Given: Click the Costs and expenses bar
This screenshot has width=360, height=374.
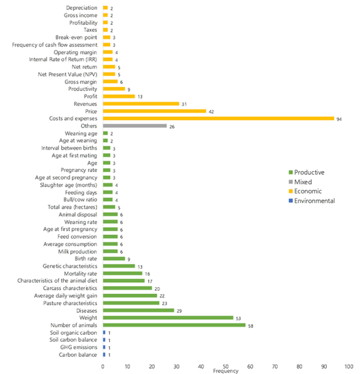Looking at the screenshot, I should coord(218,119).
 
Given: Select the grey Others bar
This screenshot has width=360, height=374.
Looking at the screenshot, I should coord(134,126).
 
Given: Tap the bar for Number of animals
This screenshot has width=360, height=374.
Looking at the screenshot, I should coord(174,325).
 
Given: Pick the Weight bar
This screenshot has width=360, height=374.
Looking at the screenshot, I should coord(168,318).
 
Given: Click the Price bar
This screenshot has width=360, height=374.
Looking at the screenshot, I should coord(154,111).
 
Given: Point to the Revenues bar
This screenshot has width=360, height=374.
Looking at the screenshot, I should coord(141,104).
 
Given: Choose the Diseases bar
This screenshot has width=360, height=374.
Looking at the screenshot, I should coord(138,310).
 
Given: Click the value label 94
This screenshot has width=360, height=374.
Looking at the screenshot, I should coord(339,119).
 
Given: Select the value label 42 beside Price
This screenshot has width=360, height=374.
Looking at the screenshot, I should coord(211,111).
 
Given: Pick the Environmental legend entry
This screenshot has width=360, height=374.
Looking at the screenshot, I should coord(315,201).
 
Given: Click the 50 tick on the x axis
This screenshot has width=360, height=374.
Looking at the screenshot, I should coord(226,365).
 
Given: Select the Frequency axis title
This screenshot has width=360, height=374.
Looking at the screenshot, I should coord(225,371).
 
